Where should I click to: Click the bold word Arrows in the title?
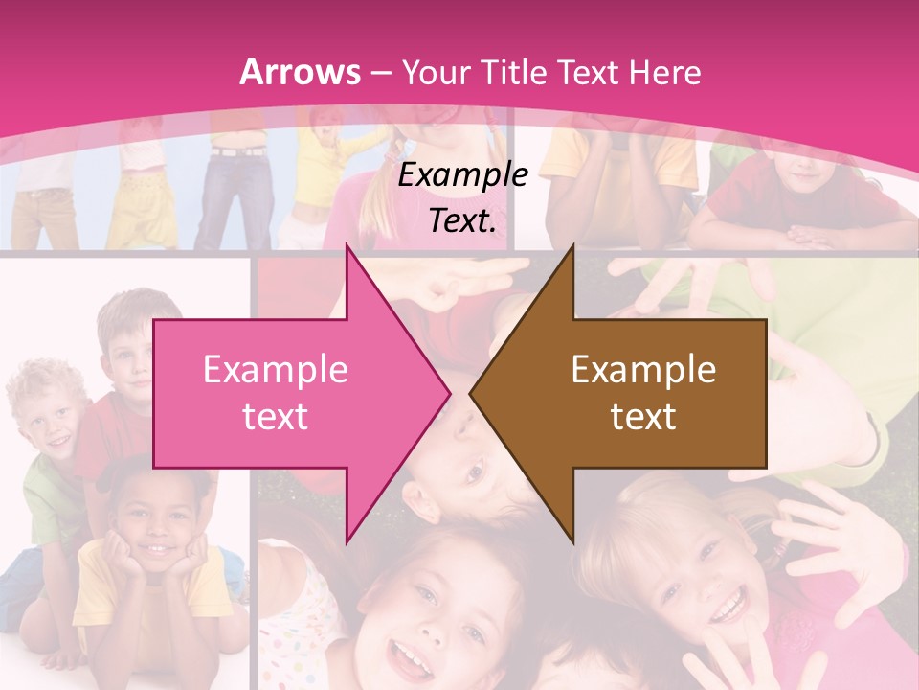(300, 72)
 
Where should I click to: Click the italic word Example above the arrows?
(462, 175)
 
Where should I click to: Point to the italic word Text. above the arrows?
(462, 220)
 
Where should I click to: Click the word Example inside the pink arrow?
(275, 370)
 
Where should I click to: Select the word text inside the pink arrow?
(275, 416)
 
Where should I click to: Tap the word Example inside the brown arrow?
(643, 370)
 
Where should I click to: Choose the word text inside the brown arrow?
(643, 416)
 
